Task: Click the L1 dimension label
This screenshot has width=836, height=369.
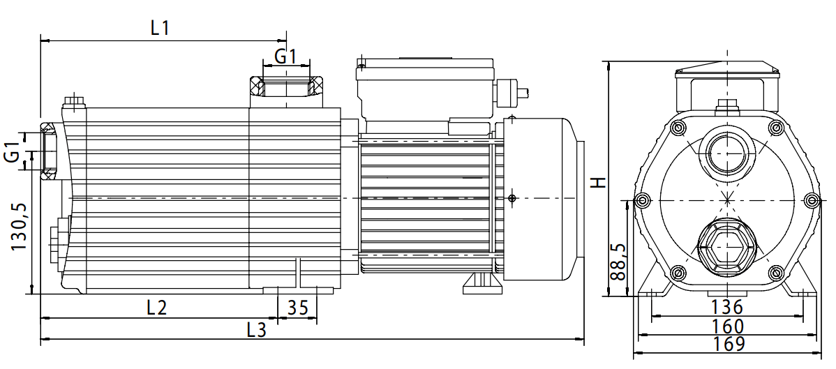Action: coord(161,28)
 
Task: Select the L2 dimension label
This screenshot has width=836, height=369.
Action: coord(156,308)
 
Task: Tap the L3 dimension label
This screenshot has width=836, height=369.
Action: coord(257,330)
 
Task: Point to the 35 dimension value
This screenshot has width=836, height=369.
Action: coord(297,308)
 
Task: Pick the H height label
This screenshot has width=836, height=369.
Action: coord(598,182)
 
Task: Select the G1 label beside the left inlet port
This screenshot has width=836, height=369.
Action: coord(13,152)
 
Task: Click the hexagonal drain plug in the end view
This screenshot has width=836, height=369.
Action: coord(726,248)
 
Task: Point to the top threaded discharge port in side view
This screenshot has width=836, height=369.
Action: coord(286,89)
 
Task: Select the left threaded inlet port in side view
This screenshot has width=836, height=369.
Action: coord(50,150)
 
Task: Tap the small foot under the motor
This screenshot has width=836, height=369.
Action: coord(480,283)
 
